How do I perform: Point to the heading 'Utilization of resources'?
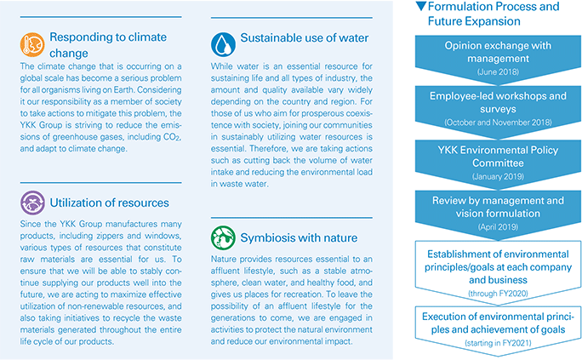(109, 203)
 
